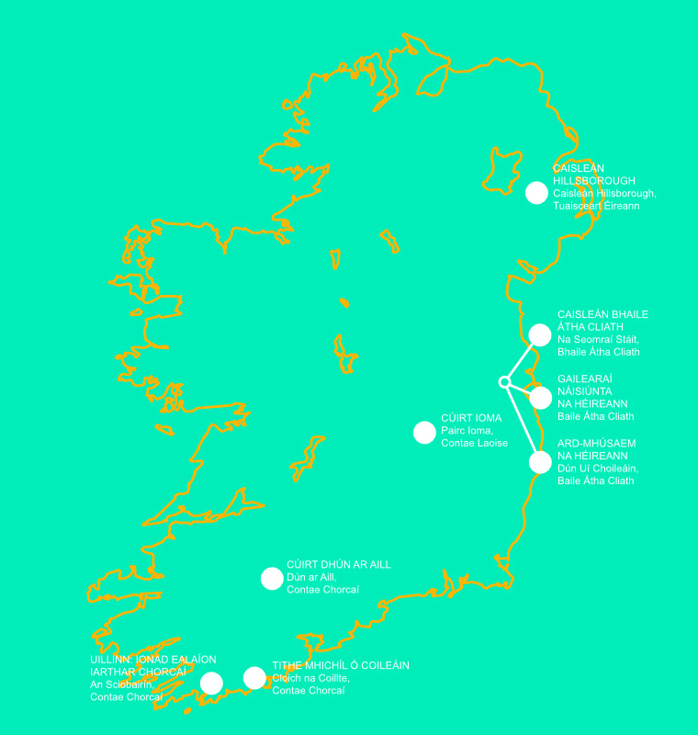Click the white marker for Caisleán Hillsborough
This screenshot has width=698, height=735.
pyautogui.click(x=536, y=192)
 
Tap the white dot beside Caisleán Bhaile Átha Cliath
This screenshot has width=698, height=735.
pyautogui.click(x=540, y=334)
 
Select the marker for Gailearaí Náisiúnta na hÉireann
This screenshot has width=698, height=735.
pyautogui.click(x=540, y=398)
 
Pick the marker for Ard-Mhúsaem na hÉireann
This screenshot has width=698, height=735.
pyautogui.click(x=540, y=462)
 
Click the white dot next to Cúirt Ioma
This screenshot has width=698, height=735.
pyautogui.click(x=424, y=432)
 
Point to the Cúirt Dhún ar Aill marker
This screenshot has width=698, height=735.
pyautogui.click(x=272, y=578)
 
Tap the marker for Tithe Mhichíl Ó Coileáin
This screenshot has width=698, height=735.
pyautogui.click(x=254, y=678)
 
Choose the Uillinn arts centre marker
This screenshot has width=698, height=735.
pyautogui.click(x=211, y=683)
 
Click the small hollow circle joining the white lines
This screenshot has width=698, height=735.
pyautogui.click(x=503, y=381)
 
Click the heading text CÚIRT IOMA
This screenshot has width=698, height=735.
pyautogui.click(x=471, y=418)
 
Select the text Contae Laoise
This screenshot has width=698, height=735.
pyautogui.click(x=474, y=443)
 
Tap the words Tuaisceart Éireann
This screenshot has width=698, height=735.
pyautogui.click(x=595, y=206)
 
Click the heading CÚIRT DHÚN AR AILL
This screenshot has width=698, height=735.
pyautogui.click(x=338, y=565)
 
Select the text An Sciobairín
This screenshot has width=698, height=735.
pyautogui.click(x=127, y=684)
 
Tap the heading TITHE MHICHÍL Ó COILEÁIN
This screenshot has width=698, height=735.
pyautogui.click(x=340, y=665)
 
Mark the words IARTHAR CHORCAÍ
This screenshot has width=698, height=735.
pyautogui.click(x=137, y=672)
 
